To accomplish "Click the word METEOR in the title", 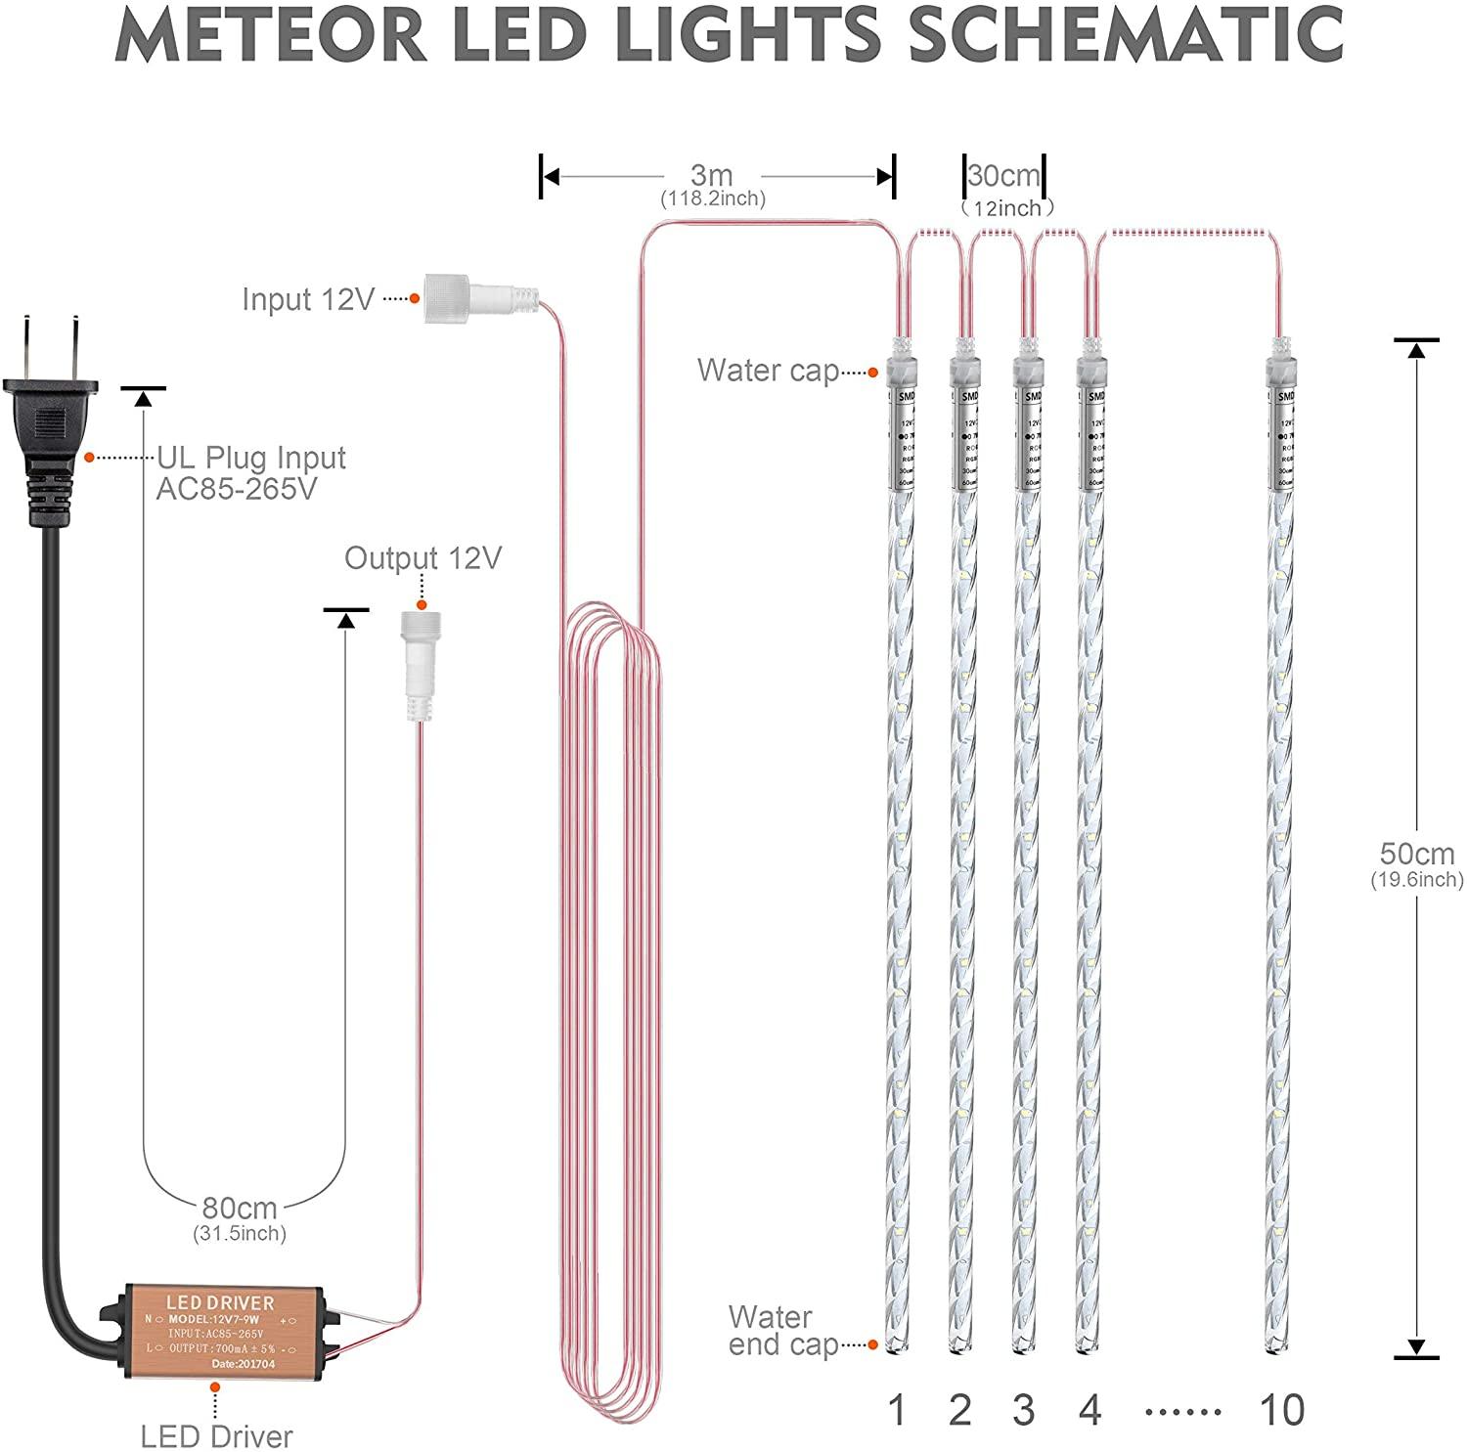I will point(272,34).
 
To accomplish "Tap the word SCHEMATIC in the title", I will point(1126,34).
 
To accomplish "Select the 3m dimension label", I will point(711,176).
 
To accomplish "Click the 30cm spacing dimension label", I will point(1003,177).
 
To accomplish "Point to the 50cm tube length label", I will point(1416,854).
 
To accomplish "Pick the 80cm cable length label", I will point(240,1209).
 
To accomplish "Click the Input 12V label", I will point(308,299).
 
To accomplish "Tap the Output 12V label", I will point(422,558).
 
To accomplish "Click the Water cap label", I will point(768,371).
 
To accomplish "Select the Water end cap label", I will point(782,1331).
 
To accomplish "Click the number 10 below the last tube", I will point(1281,1410).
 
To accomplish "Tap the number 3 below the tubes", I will point(1024,1410).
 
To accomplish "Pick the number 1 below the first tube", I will point(897,1410).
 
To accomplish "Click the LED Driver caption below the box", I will point(216,1436).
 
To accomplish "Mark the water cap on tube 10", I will point(1280,370).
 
